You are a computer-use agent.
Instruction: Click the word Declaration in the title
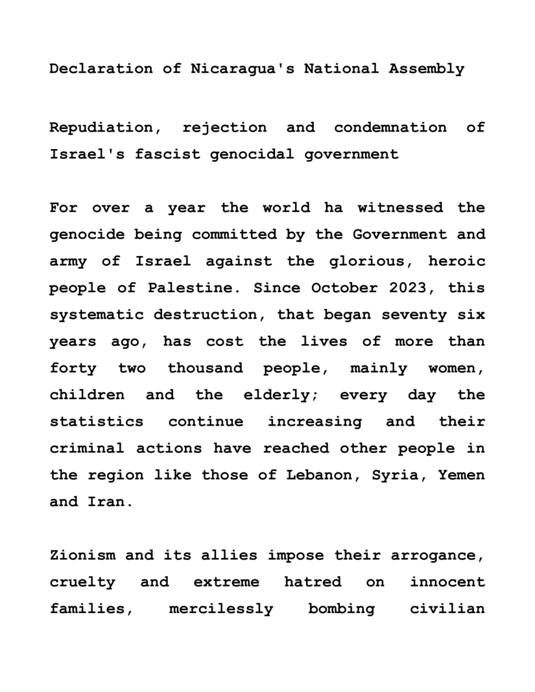click(x=102, y=69)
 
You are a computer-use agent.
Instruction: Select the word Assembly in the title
click(x=427, y=69)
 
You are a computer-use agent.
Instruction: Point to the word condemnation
click(x=390, y=128)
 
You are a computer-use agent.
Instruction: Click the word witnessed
click(x=400, y=208)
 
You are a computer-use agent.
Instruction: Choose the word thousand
click(x=206, y=368)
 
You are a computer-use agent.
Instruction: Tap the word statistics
click(x=97, y=422)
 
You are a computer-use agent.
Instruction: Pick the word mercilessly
click(x=221, y=609)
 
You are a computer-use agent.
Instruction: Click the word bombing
click(x=342, y=609)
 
